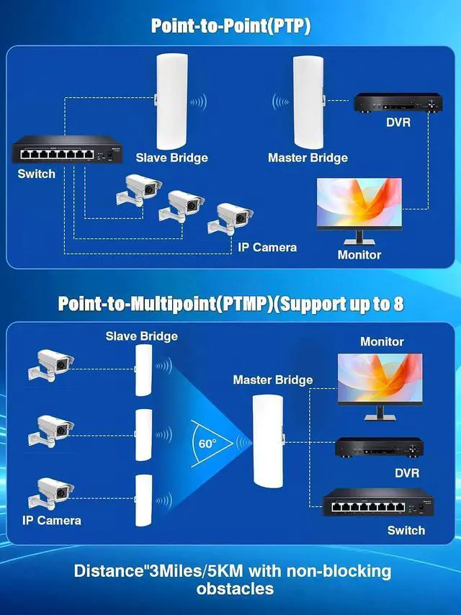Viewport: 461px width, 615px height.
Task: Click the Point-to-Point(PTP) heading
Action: point(230,26)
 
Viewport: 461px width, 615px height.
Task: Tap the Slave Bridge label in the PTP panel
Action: point(172,158)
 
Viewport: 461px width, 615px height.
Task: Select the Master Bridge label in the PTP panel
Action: point(308,158)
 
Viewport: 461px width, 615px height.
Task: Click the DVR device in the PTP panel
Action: point(398,103)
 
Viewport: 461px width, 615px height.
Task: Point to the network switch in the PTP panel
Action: point(67,150)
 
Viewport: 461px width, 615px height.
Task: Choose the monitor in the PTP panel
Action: point(359,212)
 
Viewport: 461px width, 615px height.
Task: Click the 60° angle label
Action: point(207,444)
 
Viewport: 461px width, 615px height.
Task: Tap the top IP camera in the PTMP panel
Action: point(51,365)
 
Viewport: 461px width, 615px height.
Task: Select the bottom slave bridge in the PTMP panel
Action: point(143,500)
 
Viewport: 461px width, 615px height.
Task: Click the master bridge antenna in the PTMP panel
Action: point(268,441)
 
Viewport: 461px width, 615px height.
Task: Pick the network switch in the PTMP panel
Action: point(378,503)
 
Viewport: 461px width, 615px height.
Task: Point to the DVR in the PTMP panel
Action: point(380,448)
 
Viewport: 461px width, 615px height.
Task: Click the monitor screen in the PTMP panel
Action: point(380,379)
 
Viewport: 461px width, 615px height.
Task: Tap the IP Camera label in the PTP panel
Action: point(267,248)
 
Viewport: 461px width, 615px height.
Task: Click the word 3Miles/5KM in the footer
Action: point(194,570)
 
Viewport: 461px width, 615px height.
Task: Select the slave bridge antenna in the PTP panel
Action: point(172,102)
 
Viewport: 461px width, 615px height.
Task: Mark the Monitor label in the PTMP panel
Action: point(382,341)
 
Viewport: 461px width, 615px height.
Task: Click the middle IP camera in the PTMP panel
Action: point(51,431)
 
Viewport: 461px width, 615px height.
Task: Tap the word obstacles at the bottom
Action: point(235,589)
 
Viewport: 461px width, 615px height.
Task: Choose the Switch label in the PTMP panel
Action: point(406,530)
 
